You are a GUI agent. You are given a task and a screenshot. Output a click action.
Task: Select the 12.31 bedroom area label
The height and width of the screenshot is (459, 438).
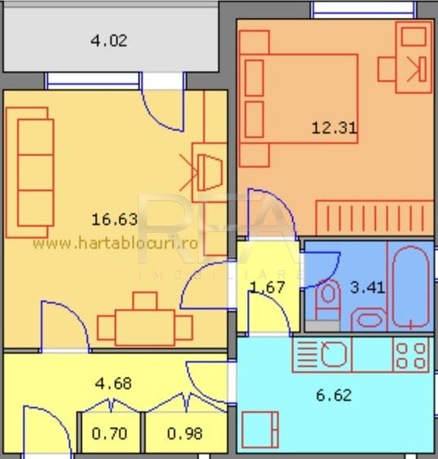334,127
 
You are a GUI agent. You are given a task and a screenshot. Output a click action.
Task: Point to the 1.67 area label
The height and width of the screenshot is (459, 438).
267,287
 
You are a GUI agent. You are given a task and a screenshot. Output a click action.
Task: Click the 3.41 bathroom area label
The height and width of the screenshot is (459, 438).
367,287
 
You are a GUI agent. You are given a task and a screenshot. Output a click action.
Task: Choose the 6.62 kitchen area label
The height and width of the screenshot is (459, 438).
333,395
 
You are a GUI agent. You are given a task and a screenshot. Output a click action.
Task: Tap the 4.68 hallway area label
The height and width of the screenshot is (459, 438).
113,383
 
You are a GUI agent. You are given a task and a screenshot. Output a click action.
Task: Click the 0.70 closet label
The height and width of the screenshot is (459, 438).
109,434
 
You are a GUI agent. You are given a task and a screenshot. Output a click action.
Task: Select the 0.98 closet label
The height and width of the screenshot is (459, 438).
184,434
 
